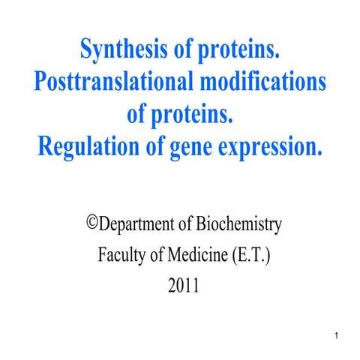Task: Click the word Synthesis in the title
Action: tap(120, 52)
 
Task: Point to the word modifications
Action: tap(262, 82)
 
